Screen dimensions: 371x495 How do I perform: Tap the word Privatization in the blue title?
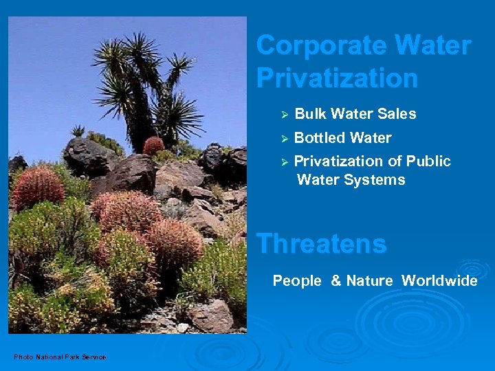[x=337, y=78]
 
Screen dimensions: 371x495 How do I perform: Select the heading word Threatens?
[x=321, y=243]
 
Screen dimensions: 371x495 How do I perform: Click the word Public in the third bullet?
[x=428, y=161]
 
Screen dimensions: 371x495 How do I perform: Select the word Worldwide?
[x=439, y=280]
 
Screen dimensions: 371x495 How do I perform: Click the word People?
[x=297, y=280]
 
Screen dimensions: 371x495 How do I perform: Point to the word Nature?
[x=369, y=280]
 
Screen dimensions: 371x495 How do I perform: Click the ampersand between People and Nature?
[x=336, y=280]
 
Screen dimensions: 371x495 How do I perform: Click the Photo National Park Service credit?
[x=60, y=357]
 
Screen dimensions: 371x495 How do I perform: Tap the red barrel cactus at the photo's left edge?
[x=38, y=187]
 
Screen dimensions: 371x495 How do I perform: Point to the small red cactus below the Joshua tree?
[x=154, y=145]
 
